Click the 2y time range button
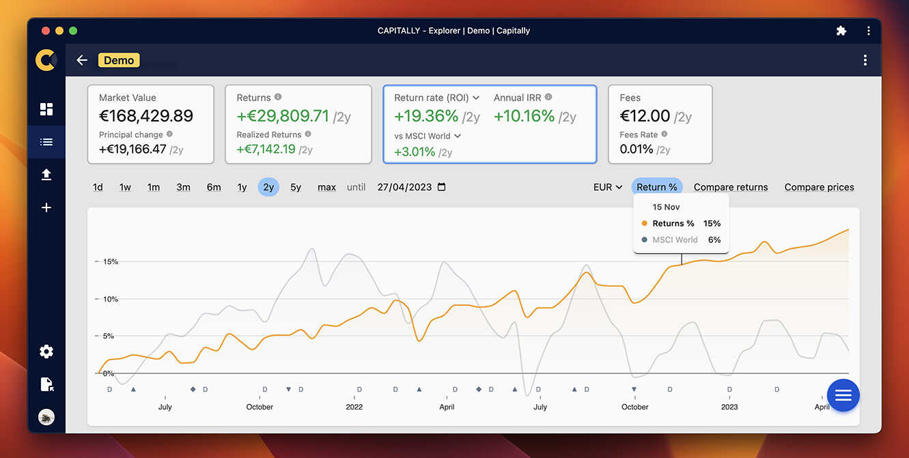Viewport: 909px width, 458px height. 268,187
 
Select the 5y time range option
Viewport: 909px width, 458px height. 296,187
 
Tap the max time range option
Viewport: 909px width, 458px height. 326,187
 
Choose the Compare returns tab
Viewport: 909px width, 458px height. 731,187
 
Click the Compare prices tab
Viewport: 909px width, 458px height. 819,187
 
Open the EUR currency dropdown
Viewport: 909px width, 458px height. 608,187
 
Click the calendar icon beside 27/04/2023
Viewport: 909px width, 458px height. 441,187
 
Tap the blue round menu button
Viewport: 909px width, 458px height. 843,395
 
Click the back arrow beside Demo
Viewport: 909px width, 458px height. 82,60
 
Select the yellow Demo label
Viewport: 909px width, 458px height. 119,60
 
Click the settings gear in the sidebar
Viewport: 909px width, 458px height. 46,352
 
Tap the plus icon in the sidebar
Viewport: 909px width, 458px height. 46,207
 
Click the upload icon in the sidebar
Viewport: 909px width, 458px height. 46,175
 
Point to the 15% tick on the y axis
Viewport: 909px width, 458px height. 110,261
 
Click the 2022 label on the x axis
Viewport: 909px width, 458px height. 354,407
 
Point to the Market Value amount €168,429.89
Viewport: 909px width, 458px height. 146,116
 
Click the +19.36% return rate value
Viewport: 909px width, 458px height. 426,116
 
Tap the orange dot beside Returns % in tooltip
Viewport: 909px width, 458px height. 645,223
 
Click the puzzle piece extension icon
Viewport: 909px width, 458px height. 841,31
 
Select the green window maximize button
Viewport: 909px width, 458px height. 73,31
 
